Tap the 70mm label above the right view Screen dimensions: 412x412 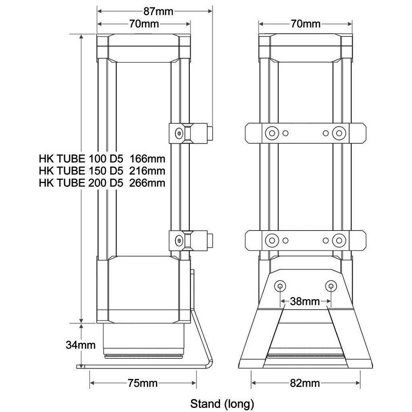point(305,24)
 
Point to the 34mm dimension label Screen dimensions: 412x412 point(81,345)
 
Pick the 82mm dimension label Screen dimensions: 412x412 point(305,383)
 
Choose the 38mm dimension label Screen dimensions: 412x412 point(306,302)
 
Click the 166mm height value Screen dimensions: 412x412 point(147,157)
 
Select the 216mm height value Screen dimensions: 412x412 point(147,170)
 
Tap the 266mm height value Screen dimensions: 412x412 point(147,183)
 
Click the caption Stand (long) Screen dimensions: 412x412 point(222,404)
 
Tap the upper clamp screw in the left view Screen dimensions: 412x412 point(179,133)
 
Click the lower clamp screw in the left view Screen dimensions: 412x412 point(179,241)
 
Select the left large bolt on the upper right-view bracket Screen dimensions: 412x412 point(270,133)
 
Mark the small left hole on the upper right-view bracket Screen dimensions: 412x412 point(286,133)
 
